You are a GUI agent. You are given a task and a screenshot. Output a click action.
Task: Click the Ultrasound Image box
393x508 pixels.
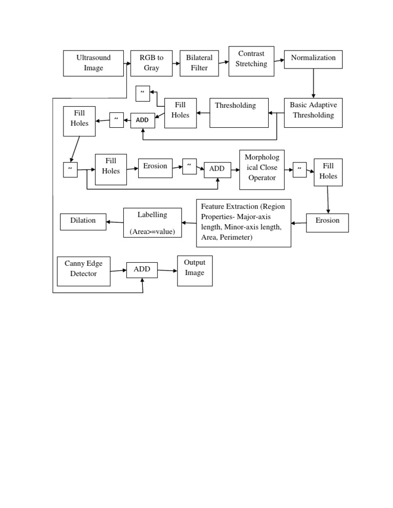94,63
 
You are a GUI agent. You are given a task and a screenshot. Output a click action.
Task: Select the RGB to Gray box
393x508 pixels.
151,63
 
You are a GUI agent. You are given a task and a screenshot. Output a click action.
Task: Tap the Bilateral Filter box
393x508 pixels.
199,63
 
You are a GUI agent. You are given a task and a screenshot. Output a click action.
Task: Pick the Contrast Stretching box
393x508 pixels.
251,61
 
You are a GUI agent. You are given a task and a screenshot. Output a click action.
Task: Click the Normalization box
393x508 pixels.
313,59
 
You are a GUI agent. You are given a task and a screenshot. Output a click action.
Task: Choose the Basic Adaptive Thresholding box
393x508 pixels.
313,113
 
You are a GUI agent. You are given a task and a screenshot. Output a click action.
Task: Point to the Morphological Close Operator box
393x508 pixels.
262,170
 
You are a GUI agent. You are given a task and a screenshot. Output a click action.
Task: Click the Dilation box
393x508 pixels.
83,222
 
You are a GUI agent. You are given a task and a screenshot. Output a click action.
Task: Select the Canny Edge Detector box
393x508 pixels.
84,271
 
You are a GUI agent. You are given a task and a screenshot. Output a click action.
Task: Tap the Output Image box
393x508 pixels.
195,271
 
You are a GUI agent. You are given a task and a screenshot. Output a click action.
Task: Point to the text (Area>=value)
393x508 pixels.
152,232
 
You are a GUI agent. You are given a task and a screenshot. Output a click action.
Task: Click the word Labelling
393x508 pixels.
152,215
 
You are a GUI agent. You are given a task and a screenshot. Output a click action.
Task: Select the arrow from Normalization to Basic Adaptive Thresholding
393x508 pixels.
313,83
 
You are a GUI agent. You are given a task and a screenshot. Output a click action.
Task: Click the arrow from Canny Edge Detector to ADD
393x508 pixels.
118,270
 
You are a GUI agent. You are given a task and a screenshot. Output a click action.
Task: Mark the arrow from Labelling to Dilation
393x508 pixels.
115,222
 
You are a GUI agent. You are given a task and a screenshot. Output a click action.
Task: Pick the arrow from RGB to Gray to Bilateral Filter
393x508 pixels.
176,63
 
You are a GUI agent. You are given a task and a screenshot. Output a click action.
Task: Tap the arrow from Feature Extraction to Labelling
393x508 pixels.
189,223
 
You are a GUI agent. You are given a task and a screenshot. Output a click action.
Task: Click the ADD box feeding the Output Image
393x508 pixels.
142,270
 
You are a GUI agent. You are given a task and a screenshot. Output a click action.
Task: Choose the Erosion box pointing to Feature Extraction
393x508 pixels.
327,223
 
